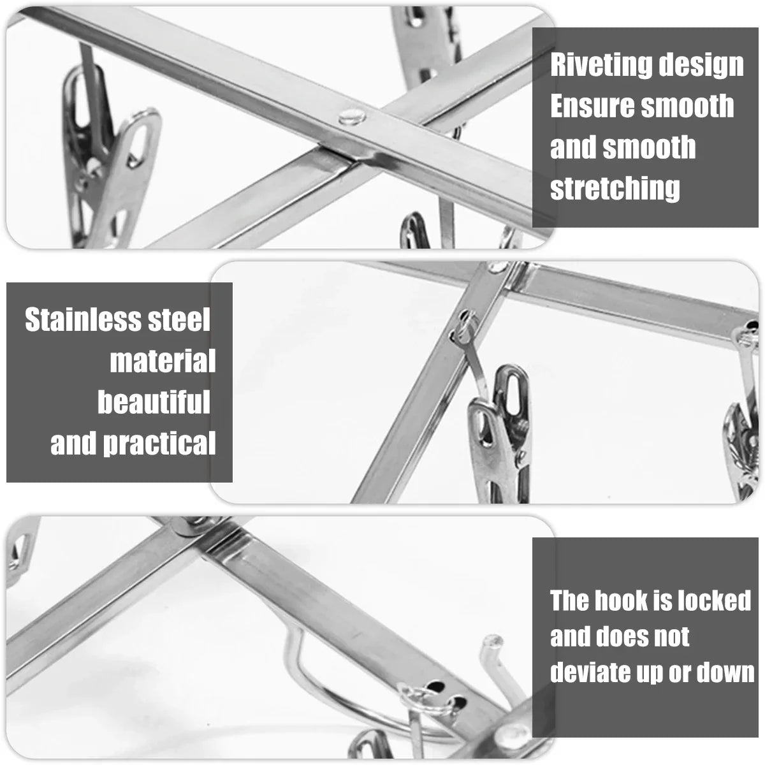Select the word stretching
click(x=615, y=188)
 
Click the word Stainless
click(x=83, y=319)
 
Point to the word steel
click(x=178, y=319)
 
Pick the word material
click(x=163, y=361)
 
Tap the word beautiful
click(x=154, y=402)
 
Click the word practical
click(x=159, y=444)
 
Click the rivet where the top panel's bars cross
click(x=352, y=117)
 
